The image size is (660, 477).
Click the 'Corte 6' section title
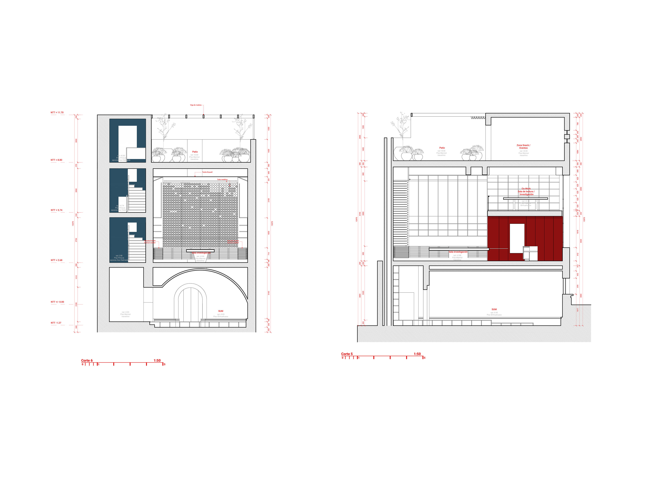pos(87,360)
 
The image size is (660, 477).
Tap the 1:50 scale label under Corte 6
pos(157,360)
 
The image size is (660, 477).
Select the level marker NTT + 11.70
pos(57,113)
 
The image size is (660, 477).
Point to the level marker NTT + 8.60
pos(56,160)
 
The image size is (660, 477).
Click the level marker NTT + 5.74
pos(56,210)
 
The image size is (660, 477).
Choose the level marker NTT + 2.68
pos(56,260)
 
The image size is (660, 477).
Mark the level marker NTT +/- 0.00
pos(57,302)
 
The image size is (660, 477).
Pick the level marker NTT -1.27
pos(56,323)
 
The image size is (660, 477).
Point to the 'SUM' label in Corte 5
pos(494,309)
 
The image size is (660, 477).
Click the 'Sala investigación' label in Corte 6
pos(201,253)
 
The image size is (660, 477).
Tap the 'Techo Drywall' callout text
pos(207,172)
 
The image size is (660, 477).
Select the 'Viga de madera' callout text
pos(196,105)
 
